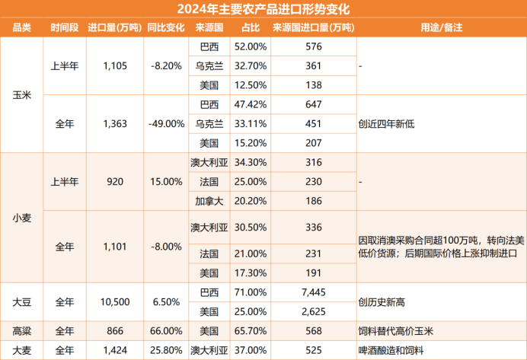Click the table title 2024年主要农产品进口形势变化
[x=263, y=9]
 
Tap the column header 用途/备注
[x=442, y=27]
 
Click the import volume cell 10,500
[x=115, y=301]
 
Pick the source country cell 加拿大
[x=208, y=201]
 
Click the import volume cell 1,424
[x=115, y=350]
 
